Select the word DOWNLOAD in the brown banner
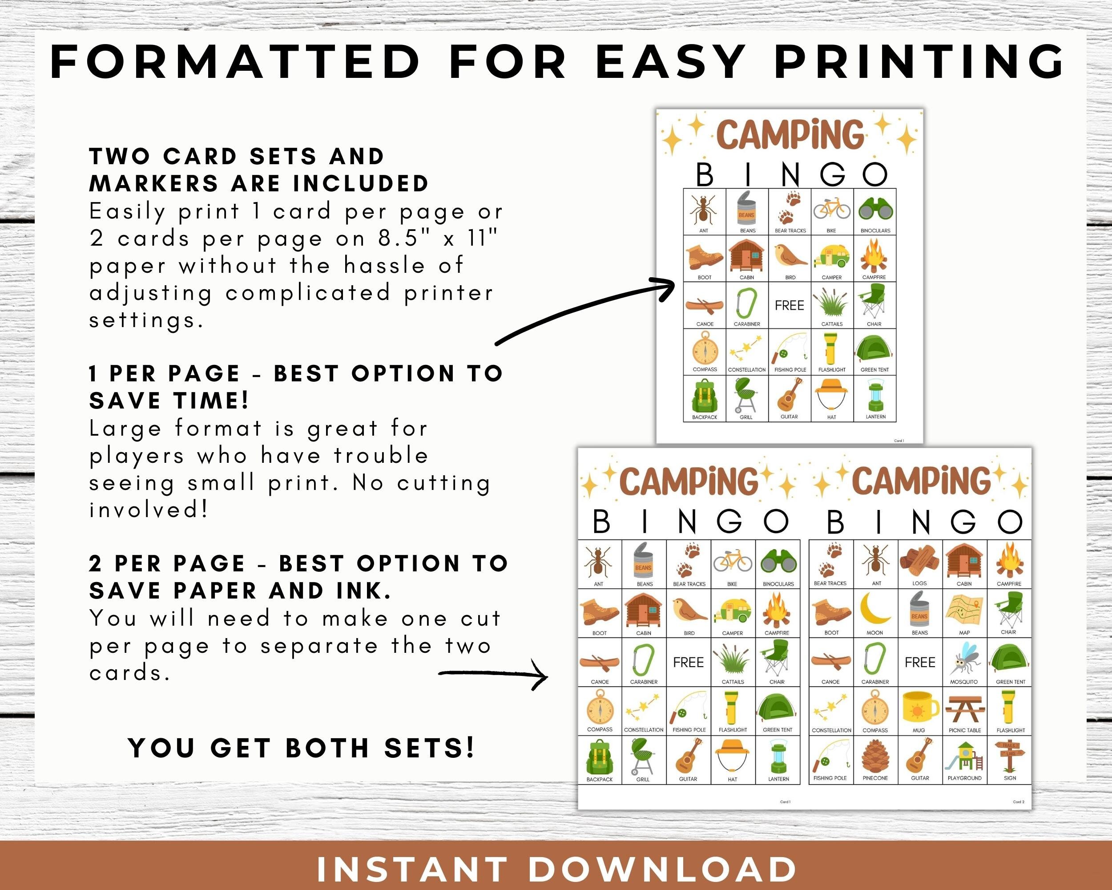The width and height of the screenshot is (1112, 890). tap(662, 870)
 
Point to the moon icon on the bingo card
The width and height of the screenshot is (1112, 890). tap(875, 609)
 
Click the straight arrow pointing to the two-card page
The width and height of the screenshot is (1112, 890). tap(492, 673)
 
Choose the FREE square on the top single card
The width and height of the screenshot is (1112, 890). tap(789, 305)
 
